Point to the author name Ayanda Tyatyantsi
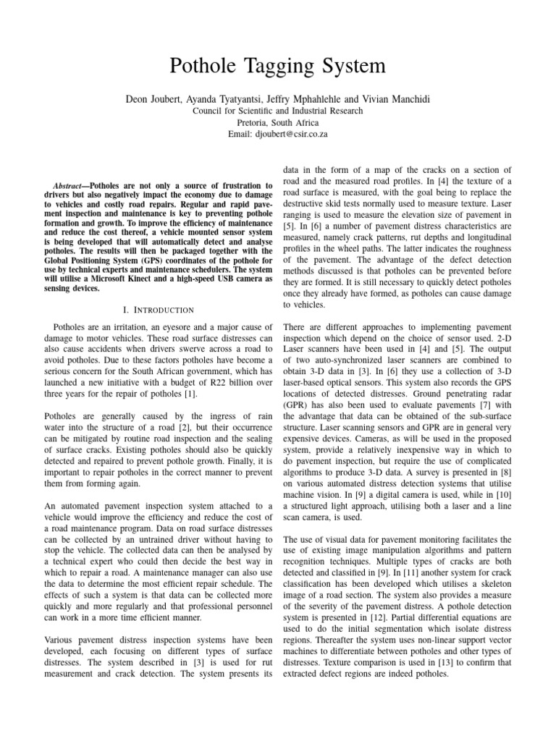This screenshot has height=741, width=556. coord(245,99)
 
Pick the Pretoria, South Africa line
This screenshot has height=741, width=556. coord(278,122)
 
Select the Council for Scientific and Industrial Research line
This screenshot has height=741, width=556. coord(278,111)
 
